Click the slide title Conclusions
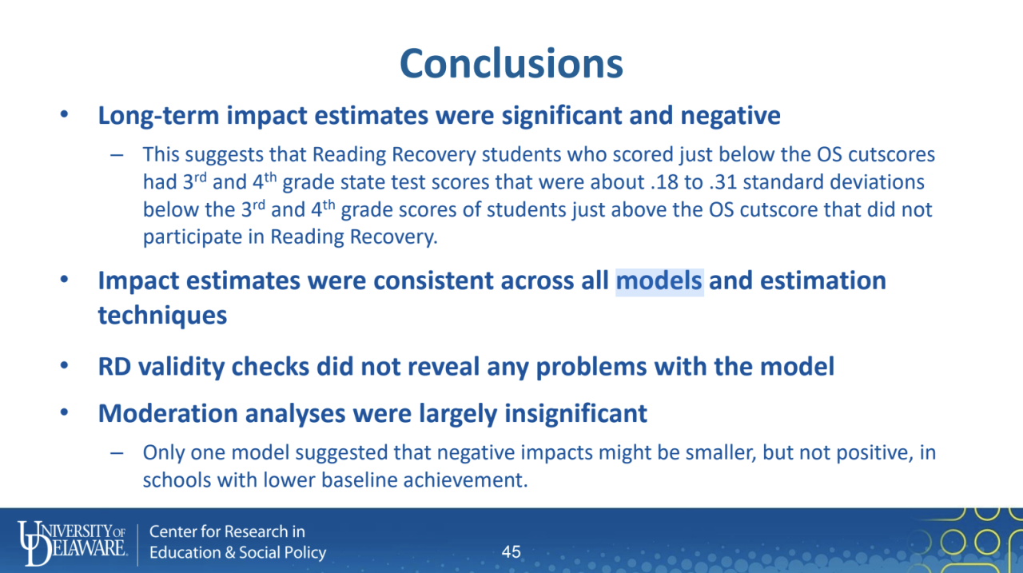pos(511,63)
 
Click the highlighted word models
pos(659,281)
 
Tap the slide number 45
pos(511,551)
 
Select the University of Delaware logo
pos(71,542)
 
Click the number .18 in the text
pos(656,182)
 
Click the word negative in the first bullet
pos(730,116)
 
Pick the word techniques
pos(162,316)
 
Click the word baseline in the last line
pos(353,481)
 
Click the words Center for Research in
pos(227,531)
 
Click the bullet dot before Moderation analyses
pos(64,413)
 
